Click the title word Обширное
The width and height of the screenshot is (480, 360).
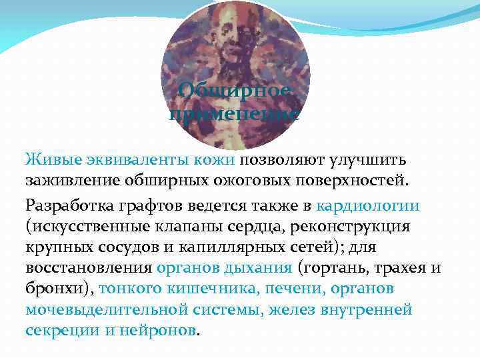234,91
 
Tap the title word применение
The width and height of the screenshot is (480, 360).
234,114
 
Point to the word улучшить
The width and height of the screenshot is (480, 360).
377,160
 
